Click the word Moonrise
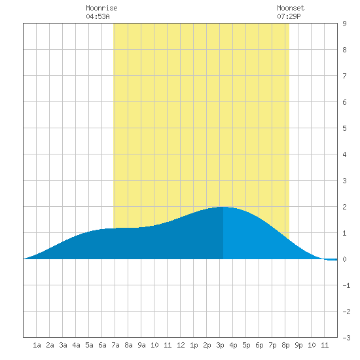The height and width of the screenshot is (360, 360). coord(101,8)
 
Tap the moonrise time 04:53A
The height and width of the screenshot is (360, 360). coord(98,16)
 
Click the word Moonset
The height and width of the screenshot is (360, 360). coord(291,8)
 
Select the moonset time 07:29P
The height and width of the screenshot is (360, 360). coord(289,16)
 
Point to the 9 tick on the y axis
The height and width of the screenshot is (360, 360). coord(344,24)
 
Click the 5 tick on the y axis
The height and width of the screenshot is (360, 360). coord(344,128)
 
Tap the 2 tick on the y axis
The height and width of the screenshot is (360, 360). coord(344,207)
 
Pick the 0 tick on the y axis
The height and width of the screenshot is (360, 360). coord(344,259)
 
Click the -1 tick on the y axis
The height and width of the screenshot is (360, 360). coord(346,285)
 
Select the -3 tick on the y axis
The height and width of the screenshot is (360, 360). coord(346,338)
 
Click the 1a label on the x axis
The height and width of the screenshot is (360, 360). coord(37,345)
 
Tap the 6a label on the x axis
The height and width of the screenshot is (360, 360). coord(102,345)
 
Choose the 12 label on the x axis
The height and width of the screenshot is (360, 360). coord(181,345)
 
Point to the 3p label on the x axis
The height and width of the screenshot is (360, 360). coord(220,345)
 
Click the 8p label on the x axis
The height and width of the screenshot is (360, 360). coord(285,345)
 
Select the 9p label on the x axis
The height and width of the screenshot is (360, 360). coord(298,345)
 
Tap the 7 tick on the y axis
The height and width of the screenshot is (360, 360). coord(344,76)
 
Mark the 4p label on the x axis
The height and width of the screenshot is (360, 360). coord(233,345)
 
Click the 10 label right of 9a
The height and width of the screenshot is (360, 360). coord(154,345)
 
